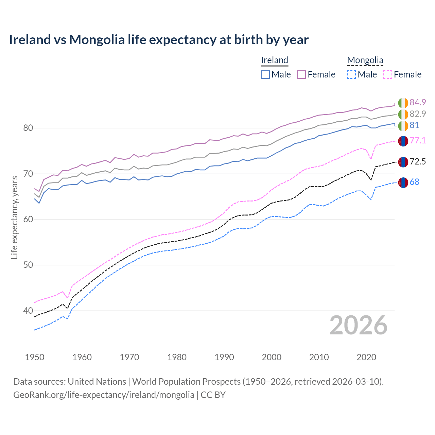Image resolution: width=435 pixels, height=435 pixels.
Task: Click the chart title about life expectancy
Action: tap(159, 40)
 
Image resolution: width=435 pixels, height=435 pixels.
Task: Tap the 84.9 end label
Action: tap(418, 102)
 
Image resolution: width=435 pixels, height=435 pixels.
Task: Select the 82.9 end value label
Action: tap(418, 114)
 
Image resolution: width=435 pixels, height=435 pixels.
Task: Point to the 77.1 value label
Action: tap(418, 140)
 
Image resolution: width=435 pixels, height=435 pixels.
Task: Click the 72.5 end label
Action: tap(418, 161)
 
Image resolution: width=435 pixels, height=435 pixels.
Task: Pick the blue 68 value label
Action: tap(414, 182)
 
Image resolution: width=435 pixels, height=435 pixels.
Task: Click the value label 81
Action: tap(414, 125)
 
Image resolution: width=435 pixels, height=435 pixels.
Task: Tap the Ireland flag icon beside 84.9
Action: tap(403, 103)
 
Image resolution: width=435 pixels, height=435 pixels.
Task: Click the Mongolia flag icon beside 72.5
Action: tap(403, 162)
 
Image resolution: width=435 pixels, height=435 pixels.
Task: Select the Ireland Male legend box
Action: tap(265, 74)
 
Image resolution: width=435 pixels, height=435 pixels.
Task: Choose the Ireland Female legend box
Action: tap(302, 74)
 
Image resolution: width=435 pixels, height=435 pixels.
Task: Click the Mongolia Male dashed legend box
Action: tap(351, 74)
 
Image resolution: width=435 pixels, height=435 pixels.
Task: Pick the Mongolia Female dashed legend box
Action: tap(388, 74)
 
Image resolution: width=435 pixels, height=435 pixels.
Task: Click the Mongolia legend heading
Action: tap(365, 60)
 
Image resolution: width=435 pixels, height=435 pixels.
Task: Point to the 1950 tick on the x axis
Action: tap(35, 357)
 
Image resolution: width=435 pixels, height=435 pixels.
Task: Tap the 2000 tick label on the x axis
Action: tap(272, 357)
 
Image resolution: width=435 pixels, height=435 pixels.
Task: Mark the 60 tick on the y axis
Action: tap(28, 219)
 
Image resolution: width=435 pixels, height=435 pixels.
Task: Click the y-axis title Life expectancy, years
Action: tap(14, 217)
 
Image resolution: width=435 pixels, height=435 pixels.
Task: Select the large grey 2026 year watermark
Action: tap(359, 325)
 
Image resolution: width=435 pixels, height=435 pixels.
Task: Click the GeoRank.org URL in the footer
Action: tap(104, 395)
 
